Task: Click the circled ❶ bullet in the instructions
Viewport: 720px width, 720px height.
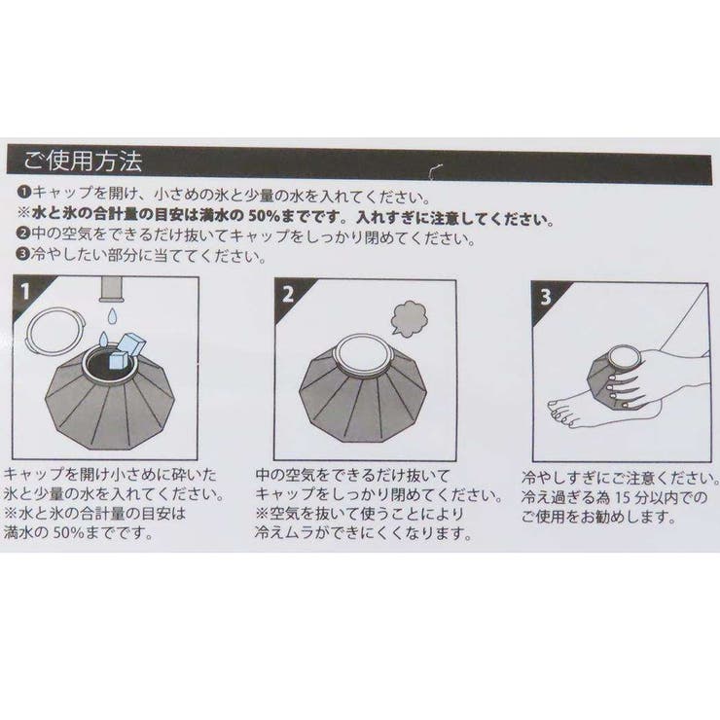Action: pyautogui.click(x=23, y=194)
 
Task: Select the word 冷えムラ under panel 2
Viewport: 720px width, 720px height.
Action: pyautogui.click(x=289, y=533)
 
